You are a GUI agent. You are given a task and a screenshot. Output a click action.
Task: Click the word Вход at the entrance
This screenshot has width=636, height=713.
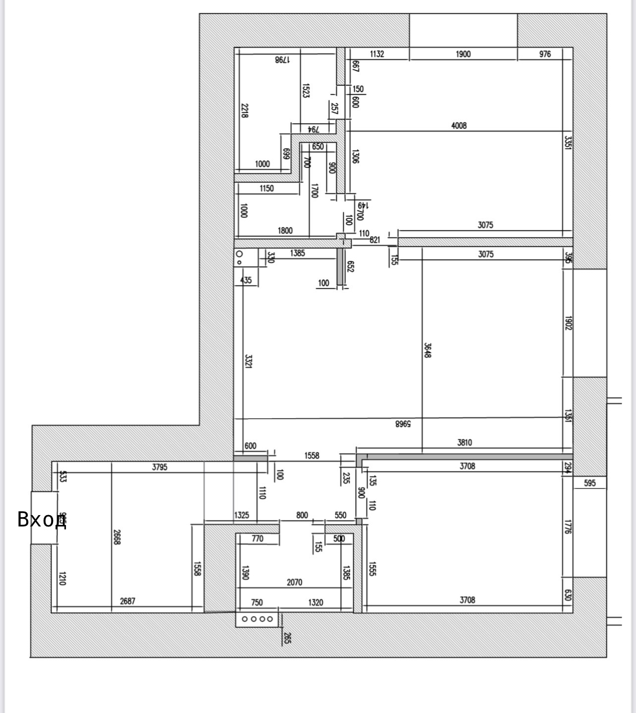pos(42,520)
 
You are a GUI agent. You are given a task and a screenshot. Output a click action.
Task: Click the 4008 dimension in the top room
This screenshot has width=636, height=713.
pos(459,126)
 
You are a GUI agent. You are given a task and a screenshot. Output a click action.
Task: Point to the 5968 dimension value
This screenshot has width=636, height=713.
pos(403,424)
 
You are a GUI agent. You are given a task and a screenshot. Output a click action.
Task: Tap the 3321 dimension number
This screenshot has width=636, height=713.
pos(249,360)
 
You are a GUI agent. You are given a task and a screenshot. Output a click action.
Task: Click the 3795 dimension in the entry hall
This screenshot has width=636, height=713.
pos(159,467)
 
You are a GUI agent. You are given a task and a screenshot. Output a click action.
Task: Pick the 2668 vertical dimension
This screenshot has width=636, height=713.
pos(117,537)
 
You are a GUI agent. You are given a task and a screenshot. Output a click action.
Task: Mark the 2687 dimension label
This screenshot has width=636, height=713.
pos(127,601)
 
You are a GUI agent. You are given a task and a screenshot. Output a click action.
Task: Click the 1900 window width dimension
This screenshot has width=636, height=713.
pos(463,54)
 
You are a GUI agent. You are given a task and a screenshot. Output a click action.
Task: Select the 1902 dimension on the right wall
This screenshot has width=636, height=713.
pos(568,324)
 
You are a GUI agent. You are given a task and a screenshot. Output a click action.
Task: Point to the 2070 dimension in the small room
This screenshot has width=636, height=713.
pos(294,582)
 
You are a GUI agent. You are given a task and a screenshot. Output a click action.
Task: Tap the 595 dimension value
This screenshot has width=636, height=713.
pos(589,483)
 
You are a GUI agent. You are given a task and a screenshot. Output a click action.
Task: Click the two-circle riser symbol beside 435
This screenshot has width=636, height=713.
pos(240,257)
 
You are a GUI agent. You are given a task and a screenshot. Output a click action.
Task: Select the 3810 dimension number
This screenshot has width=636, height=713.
pos(464,443)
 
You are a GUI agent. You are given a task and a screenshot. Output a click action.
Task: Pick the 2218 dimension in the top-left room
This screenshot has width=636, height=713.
pos(245,110)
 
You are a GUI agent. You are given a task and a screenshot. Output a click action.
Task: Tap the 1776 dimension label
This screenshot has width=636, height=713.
pos(568,525)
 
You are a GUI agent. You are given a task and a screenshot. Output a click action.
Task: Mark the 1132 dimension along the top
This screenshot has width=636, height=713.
pos(377,54)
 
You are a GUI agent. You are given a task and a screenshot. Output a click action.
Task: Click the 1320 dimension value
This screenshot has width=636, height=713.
pos(316,603)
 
